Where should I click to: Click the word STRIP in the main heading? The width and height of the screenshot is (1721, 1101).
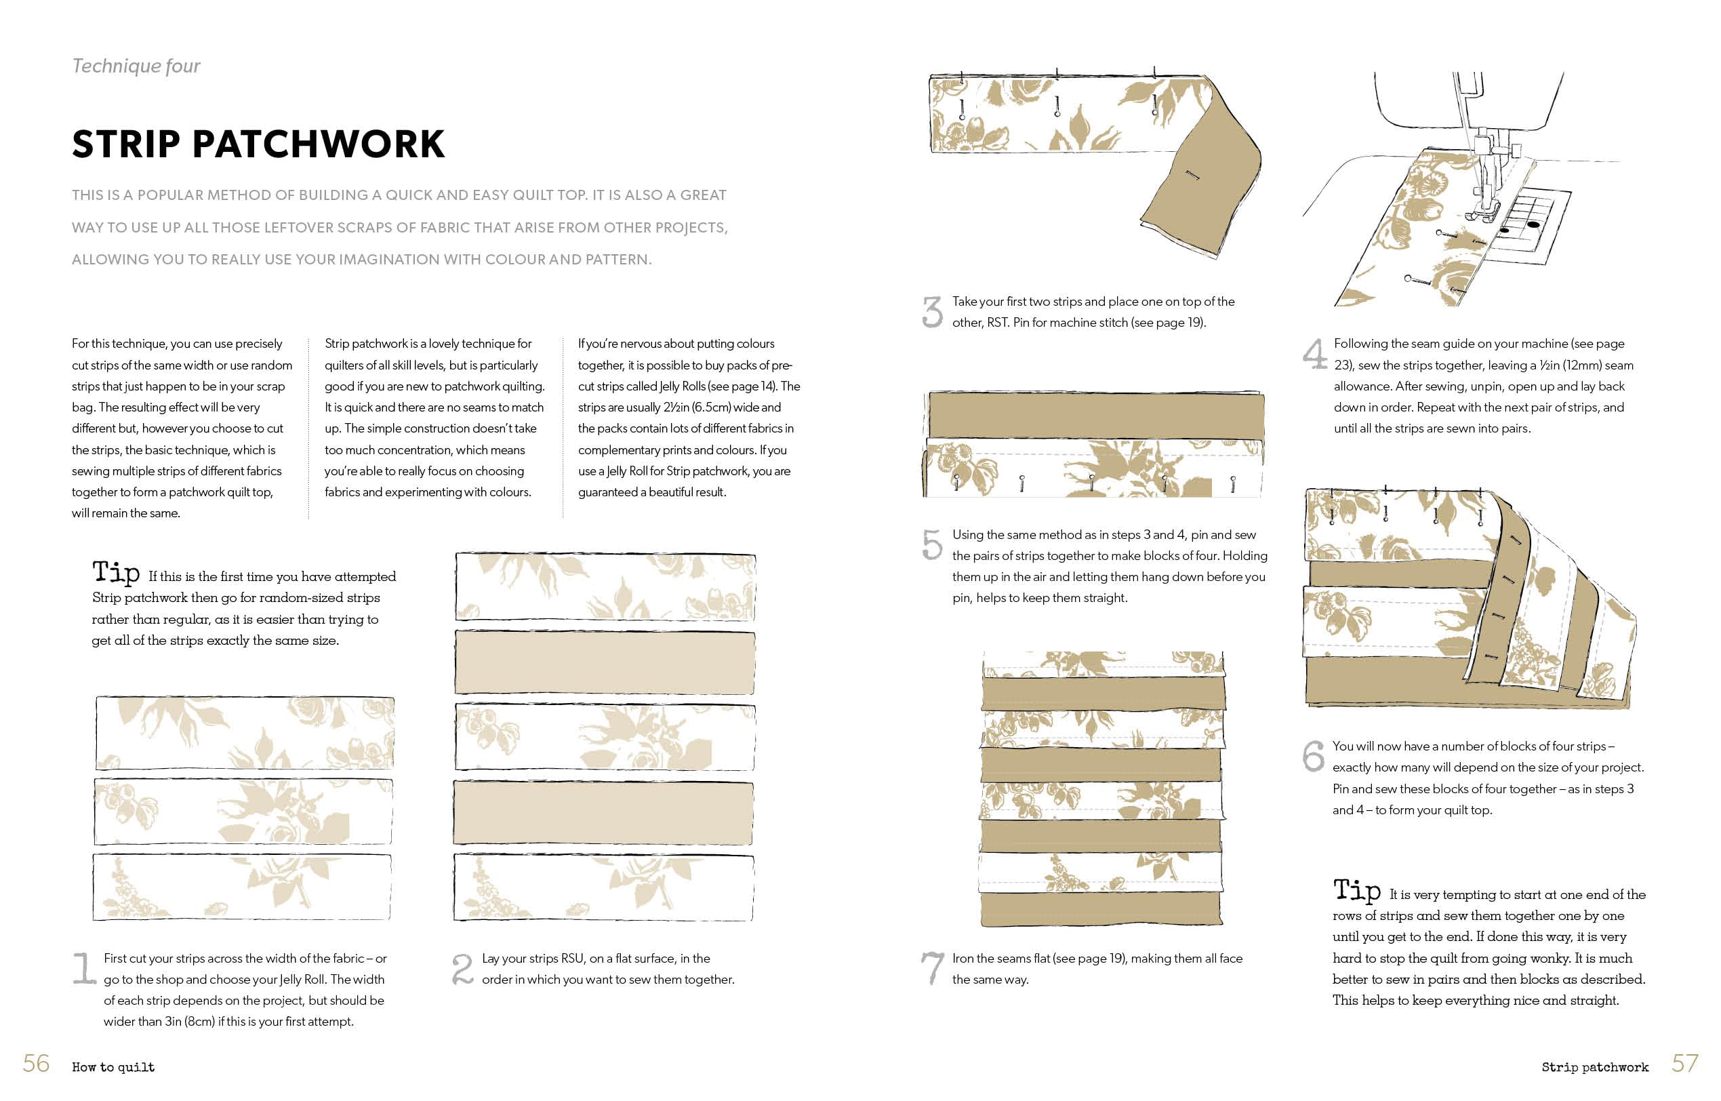pyautogui.click(x=126, y=144)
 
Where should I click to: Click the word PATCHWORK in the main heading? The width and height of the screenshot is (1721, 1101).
pyautogui.click(x=318, y=144)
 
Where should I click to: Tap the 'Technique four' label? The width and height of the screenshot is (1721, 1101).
pyautogui.click(x=136, y=66)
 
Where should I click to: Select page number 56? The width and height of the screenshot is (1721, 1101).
pyautogui.click(x=36, y=1063)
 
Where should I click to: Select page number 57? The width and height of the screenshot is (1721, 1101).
pyautogui.click(x=1684, y=1063)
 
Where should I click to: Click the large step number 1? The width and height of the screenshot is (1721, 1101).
pyautogui.click(x=83, y=968)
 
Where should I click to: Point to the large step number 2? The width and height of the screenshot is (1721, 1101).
pyautogui.click(x=462, y=969)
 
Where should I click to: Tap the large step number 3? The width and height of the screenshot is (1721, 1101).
pyautogui.click(x=932, y=312)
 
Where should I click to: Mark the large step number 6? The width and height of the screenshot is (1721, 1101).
pyautogui.click(x=1313, y=756)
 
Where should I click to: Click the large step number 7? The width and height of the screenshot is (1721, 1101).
pyautogui.click(x=932, y=968)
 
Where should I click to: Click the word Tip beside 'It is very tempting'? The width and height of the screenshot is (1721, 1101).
pyautogui.click(x=1356, y=890)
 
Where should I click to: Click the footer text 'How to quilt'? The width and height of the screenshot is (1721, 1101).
pyautogui.click(x=113, y=1067)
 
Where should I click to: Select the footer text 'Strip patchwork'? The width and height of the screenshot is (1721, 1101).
pyautogui.click(x=1594, y=1067)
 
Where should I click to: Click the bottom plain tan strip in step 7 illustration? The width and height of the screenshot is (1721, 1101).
pyautogui.click(x=1101, y=908)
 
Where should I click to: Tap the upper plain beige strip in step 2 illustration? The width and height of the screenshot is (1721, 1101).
pyautogui.click(x=605, y=662)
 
